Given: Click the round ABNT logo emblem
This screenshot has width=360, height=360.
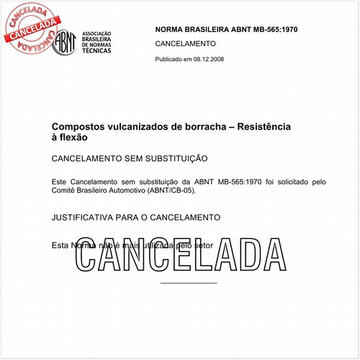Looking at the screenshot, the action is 66,42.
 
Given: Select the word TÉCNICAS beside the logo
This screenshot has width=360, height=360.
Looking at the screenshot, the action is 97,51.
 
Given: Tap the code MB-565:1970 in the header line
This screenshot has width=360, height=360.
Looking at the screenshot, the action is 274,30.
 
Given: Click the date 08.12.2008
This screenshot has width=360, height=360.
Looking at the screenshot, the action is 209,58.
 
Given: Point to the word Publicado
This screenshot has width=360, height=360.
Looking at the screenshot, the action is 170,58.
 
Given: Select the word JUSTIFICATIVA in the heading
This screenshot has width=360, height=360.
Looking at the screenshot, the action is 88,217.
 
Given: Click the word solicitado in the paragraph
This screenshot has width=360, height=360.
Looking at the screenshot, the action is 280,181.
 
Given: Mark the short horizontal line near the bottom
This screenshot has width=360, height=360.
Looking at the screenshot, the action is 189,283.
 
